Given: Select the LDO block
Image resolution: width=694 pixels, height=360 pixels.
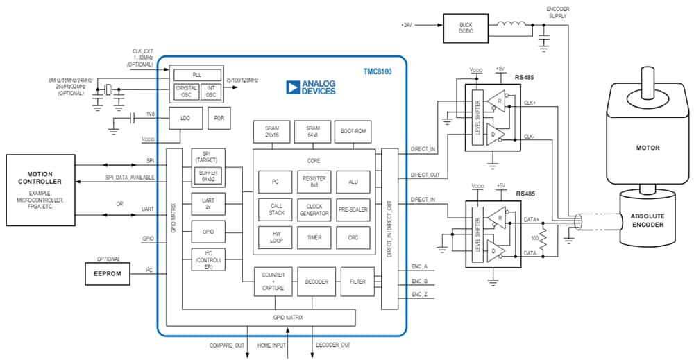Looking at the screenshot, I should point(185,118).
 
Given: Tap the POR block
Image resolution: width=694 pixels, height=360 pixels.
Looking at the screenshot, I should point(219,118).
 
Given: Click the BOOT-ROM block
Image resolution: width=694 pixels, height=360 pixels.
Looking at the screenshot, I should point(353,132).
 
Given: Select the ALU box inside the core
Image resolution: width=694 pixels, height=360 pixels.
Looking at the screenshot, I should point(353,182).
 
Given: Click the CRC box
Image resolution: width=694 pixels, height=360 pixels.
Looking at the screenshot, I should point(353,237).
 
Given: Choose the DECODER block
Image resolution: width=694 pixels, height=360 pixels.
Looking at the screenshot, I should point(316,282).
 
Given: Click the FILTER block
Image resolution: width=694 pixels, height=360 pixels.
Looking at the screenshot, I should point(357,282).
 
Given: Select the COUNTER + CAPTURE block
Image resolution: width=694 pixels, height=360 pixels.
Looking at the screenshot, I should point(273,282).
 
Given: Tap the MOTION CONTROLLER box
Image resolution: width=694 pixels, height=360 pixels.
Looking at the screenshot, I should point(40,189).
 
